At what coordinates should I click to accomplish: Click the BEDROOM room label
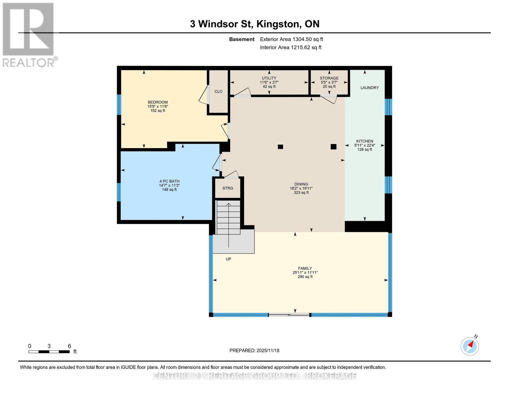(x=158, y=102)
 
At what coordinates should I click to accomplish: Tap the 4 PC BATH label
(x=169, y=181)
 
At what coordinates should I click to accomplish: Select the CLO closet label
(x=218, y=92)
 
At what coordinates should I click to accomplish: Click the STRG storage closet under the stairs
(x=227, y=188)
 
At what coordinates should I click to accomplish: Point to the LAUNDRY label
(x=369, y=88)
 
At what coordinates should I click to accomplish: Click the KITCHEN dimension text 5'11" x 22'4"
(x=364, y=145)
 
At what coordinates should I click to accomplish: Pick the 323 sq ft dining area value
(x=301, y=193)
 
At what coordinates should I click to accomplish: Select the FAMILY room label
(x=305, y=268)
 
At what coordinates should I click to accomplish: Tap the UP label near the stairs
(x=228, y=259)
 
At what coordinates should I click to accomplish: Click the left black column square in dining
(x=280, y=147)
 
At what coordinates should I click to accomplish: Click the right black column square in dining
(x=333, y=147)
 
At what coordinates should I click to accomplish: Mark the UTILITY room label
(x=269, y=78)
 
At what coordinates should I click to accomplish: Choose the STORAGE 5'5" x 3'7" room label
(x=329, y=78)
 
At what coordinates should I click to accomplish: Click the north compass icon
(x=470, y=346)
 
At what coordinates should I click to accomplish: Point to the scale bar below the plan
(x=49, y=352)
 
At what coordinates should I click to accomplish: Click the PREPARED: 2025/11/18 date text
(x=254, y=350)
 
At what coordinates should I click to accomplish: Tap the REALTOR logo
(x=29, y=34)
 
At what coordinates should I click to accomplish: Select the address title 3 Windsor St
(x=255, y=24)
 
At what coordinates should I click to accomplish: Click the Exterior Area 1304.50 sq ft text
(x=291, y=39)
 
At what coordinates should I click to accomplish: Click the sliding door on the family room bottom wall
(x=289, y=315)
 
